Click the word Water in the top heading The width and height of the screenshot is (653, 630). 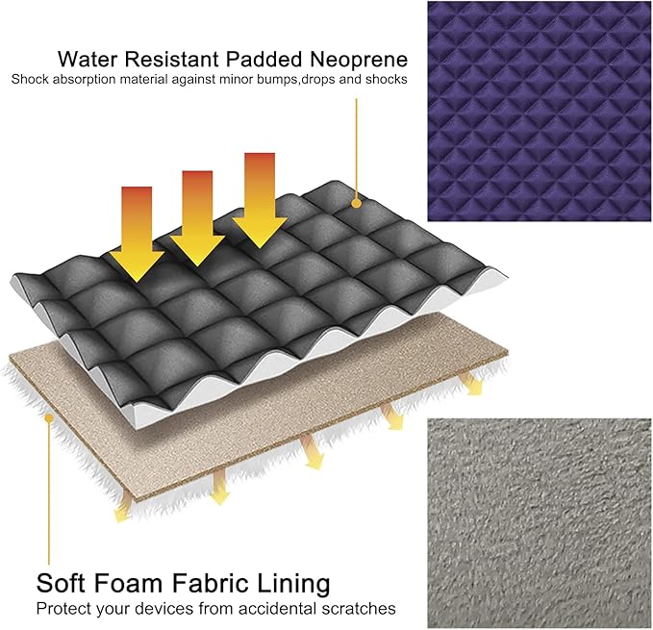pos(88,59)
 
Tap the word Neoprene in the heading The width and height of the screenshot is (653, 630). pos(359,59)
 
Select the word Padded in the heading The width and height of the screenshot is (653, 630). pos(264,59)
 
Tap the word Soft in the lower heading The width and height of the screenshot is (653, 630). pos(60,583)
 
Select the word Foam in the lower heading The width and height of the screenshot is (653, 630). pos(126,583)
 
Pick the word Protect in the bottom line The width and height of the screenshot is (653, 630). pos(64,609)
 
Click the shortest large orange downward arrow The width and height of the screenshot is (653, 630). pos(137,234)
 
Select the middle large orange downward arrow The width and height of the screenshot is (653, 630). pos(197,218)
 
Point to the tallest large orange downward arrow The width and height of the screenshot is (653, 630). pos(260,201)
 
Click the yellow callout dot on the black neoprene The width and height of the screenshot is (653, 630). pos(356,203)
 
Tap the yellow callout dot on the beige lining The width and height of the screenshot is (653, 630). pos(49,417)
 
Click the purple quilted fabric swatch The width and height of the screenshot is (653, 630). pos(540,112)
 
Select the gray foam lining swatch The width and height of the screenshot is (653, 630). pos(540,523)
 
